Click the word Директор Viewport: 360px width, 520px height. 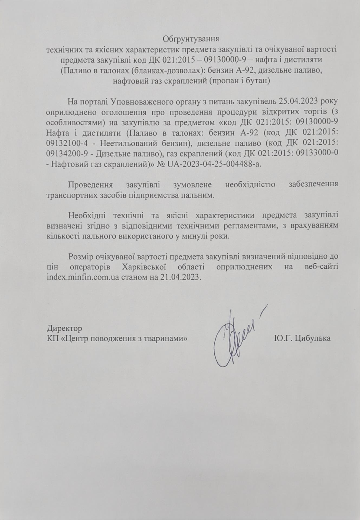pyautogui.click(x=64, y=329)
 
